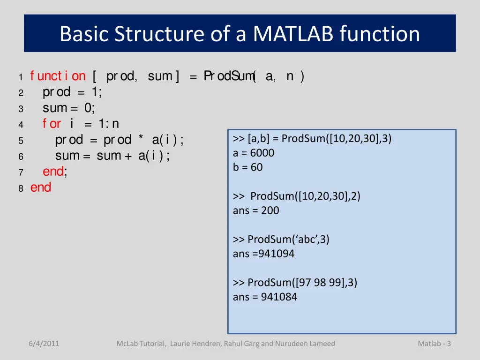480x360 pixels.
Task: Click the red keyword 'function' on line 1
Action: [58, 76]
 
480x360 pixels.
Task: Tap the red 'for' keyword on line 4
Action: [52, 124]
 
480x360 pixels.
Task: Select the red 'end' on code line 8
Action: [41, 187]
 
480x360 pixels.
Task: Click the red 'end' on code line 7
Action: [53, 172]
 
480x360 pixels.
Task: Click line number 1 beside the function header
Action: [21, 77]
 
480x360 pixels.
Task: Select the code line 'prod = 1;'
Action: [72, 92]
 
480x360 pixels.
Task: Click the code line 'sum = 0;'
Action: [69, 108]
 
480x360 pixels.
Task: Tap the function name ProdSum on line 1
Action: [229, 76]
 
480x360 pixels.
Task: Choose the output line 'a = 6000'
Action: [254, 153]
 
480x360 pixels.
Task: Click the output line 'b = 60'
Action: [248, 167]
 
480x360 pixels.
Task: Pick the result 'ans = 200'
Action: [256, 210]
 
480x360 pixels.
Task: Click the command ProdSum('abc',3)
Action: [288, 240]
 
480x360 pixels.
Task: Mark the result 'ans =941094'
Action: [263, 254]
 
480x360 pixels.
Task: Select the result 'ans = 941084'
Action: [265, 297]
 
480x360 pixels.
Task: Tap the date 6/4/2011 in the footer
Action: [44, 344]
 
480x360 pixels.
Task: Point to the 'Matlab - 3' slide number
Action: [434, 344]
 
